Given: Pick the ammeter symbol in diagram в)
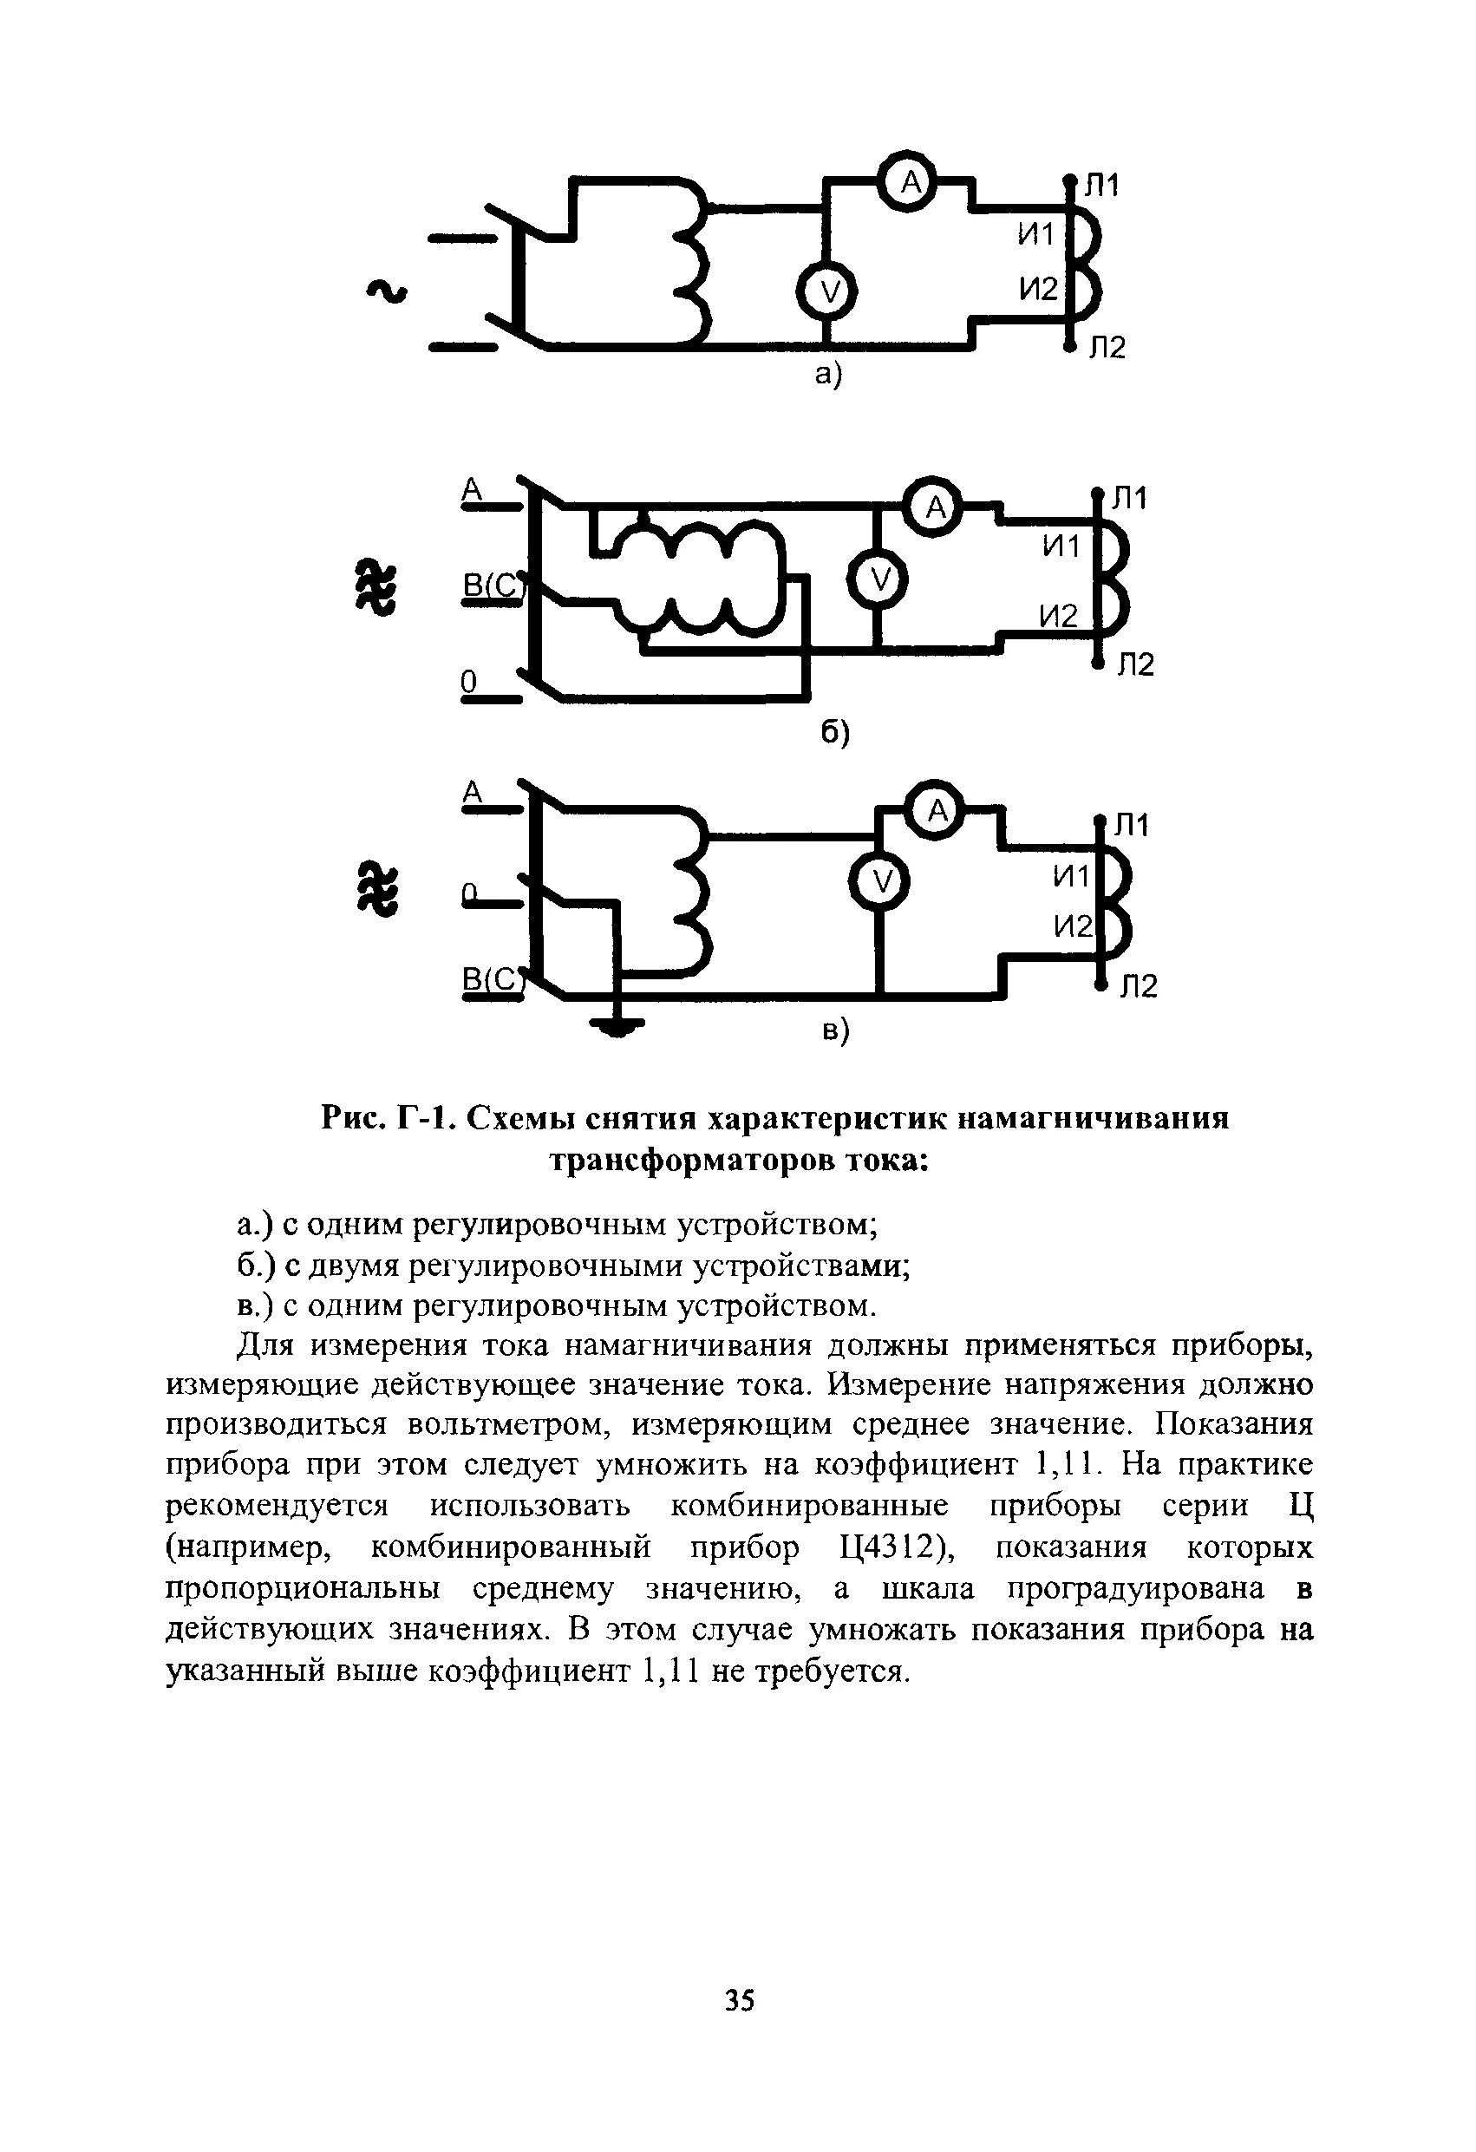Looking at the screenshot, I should [x=937, y=811].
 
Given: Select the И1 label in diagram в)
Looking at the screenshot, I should [x=1072, y=875].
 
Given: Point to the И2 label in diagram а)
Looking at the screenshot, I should [x=1038, y=290].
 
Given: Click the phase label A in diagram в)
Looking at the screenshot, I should [x=473, y=792].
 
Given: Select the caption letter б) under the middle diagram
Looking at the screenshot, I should [x=834, y=731].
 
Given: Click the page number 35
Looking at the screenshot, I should [x=739, y=2001].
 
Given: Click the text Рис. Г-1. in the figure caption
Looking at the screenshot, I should [x=389, y=1119].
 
